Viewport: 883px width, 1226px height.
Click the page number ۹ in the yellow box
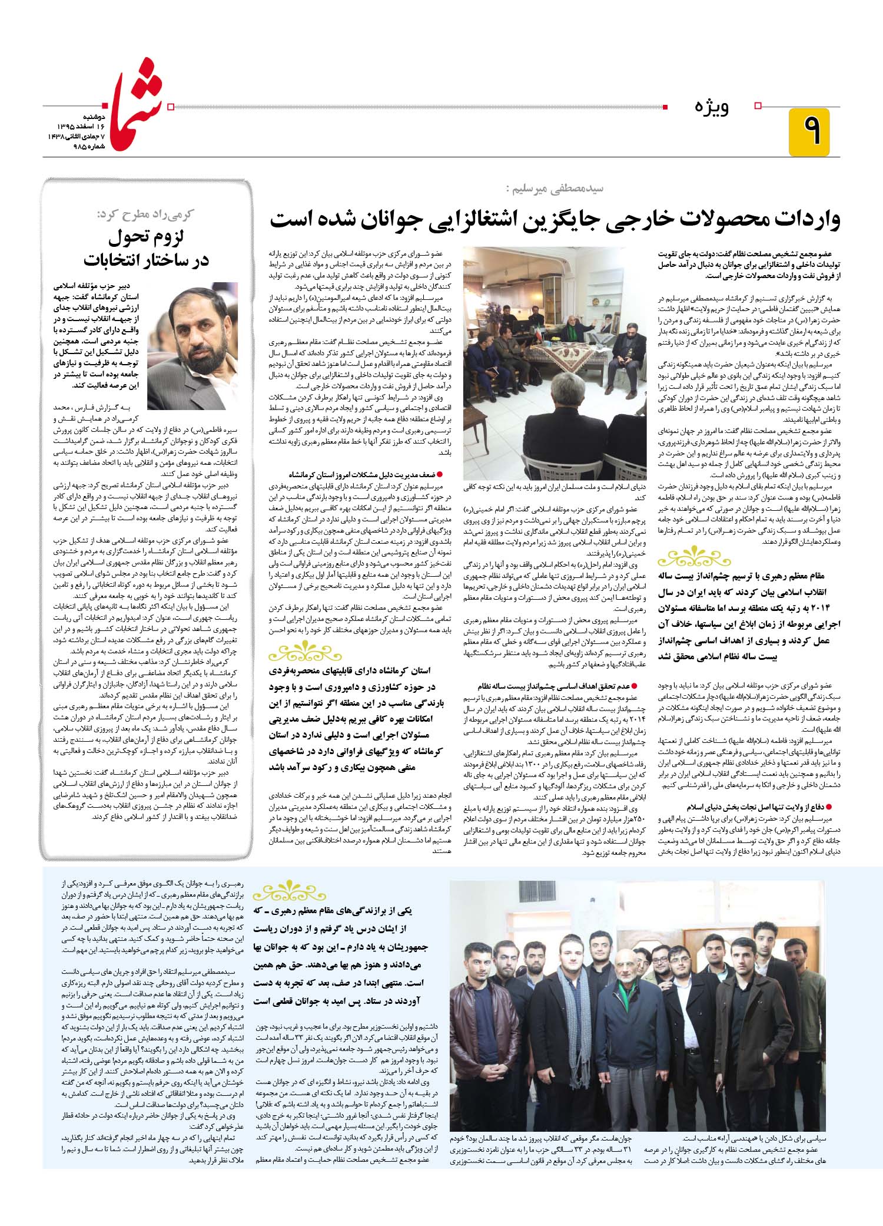click(x=809, y=131)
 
